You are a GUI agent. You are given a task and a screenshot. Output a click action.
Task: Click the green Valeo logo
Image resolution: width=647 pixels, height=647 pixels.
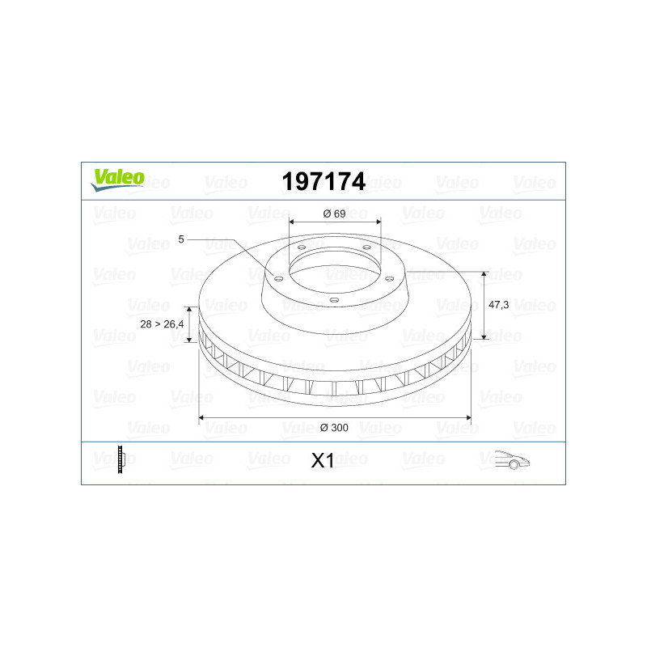coord(117,180)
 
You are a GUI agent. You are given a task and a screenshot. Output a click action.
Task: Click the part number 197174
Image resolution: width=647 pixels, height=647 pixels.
coord(323,181)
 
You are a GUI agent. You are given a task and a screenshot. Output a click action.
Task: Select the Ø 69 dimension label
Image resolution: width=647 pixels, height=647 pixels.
coord(334,214)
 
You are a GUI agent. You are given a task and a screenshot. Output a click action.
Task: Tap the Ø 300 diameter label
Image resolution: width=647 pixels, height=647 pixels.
coord(334,428)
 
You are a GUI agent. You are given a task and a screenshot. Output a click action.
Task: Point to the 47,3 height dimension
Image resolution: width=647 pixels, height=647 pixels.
coord(498,305)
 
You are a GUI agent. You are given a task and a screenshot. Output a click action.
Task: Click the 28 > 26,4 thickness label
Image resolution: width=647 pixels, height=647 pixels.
coord(162,324)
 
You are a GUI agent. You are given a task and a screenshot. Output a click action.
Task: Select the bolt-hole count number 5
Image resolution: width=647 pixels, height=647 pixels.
coord(180,239)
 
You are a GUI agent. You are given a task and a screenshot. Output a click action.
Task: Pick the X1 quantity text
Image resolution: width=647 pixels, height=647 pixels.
coord(322,461)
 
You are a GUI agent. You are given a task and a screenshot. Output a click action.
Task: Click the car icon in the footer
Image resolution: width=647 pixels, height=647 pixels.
coord(512,459)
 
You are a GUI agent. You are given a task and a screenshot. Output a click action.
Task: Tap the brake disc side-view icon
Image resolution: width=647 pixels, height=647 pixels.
coord(121,459)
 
